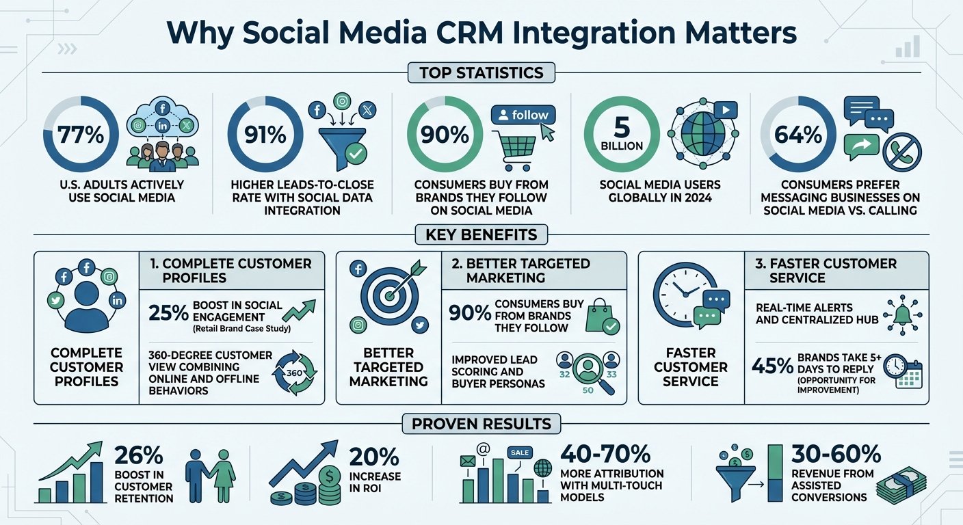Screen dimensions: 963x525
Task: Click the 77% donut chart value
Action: click(81, 135)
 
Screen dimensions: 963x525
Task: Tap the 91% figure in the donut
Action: click(265, 135)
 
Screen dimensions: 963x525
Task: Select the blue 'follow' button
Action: click(523, 115)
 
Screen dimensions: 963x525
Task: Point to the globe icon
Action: click(702, 133)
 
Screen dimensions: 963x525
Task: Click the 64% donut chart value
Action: click(798, 135)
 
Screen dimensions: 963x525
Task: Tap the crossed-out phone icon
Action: click(902, 152)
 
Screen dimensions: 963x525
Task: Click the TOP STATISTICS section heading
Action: click(481, 72)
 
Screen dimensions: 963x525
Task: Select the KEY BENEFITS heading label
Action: click(481, 234)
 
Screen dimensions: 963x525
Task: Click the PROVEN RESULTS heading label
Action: click(481, 424)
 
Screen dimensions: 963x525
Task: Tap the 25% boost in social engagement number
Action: click(168, 312)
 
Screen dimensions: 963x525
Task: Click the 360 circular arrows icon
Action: click(295, 373)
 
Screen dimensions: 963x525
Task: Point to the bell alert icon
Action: click(902, 315)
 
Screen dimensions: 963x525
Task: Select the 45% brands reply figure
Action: click(773, 366)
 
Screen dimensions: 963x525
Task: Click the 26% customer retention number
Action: click(139, 455)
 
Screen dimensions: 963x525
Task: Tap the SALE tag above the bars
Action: click(520, 453)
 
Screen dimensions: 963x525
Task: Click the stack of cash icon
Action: click(901, 486)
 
